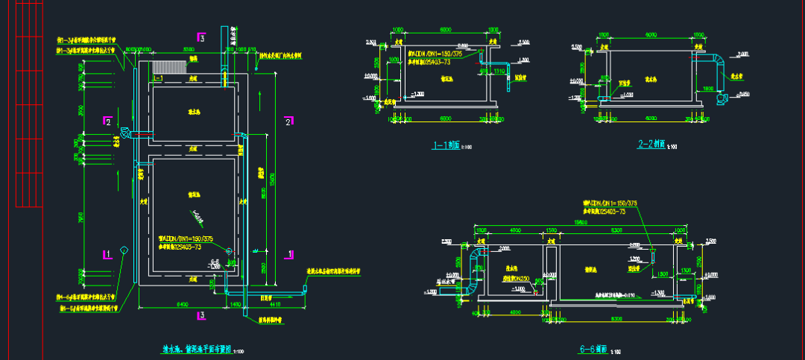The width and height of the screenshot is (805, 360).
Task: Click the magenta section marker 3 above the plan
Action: coord(201,37)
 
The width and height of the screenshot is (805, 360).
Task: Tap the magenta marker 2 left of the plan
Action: coord(108,121)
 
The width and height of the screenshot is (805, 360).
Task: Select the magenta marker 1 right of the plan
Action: coord(288,253)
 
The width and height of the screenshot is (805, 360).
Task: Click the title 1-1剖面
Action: coord(446,146)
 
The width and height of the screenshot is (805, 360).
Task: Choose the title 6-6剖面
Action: coord(593,349)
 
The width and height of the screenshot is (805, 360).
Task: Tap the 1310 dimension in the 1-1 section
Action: coord(499,72)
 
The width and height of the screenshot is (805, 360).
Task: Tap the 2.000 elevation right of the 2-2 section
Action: coord(742,54)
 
